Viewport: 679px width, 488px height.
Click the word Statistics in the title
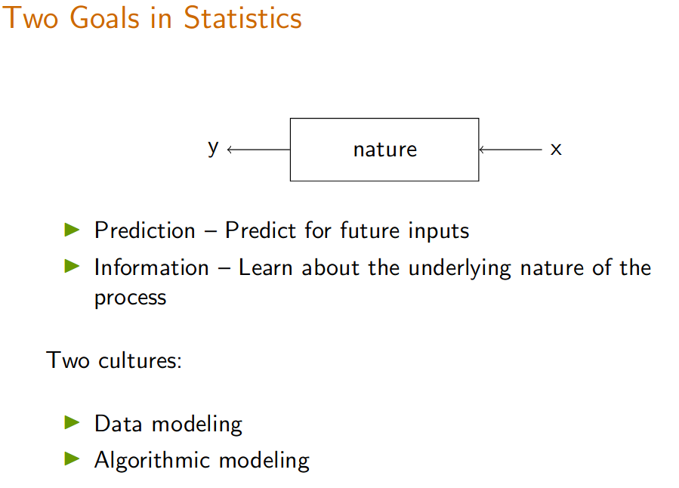point(242,18)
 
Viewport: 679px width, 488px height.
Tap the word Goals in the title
point(104,18)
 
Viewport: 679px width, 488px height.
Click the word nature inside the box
point(385,150)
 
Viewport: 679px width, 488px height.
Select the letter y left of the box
point(213,149)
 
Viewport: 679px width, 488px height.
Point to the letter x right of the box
point(556,150)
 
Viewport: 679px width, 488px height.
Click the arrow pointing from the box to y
point(258,150)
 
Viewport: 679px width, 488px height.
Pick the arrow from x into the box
point(510,150)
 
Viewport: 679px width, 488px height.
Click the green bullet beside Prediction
point(72,230)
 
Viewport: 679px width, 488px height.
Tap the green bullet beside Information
point(72,267)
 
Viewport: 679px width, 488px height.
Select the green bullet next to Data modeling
point(72,422)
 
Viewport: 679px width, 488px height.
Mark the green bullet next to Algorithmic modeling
point(72,459)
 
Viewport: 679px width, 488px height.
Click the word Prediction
point(144,230)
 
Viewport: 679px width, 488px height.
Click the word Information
point(152,267)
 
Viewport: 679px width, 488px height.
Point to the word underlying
point(460,268)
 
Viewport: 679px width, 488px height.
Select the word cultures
point(140,360)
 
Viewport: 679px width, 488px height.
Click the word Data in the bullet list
point(119,424)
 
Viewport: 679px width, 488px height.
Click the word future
point(370,230)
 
